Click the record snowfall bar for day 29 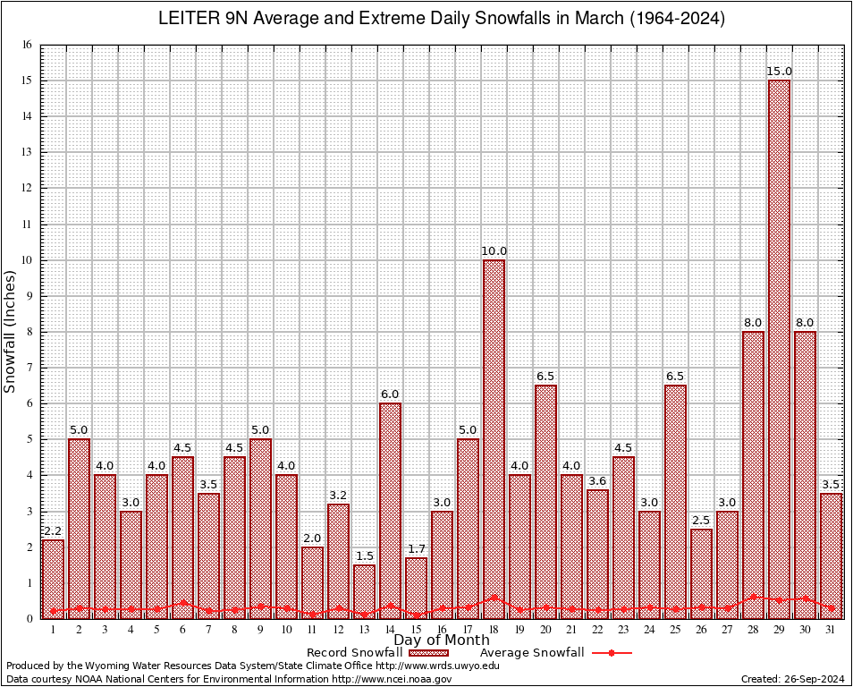pos(779,349)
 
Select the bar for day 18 pos(494,438)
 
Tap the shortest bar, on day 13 pos(364,590)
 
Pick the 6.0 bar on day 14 pos(390,510)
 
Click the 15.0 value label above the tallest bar pos(779,72)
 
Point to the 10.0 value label pos(494,251)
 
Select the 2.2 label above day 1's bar pos(53,531)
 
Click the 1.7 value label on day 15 pos(416,549)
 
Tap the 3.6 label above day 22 pos(597,481)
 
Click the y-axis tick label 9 pos(29,296)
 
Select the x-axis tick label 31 pos(831,630)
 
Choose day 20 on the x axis pos(545,630)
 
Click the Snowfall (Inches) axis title pos(11,331)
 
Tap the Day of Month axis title pos(441,640)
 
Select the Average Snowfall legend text pos(531,653)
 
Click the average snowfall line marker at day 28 pos(753,596)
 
